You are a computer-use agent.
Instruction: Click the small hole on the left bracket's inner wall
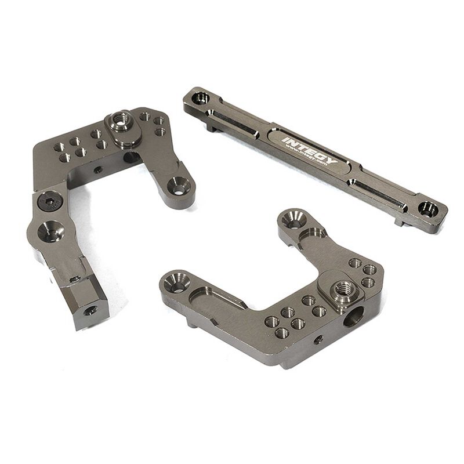(97, 169)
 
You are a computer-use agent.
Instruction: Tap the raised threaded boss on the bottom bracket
(343, 288)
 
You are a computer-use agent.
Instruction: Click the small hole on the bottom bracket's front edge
(316, 340)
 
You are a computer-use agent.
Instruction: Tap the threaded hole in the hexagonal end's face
(91, 311)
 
